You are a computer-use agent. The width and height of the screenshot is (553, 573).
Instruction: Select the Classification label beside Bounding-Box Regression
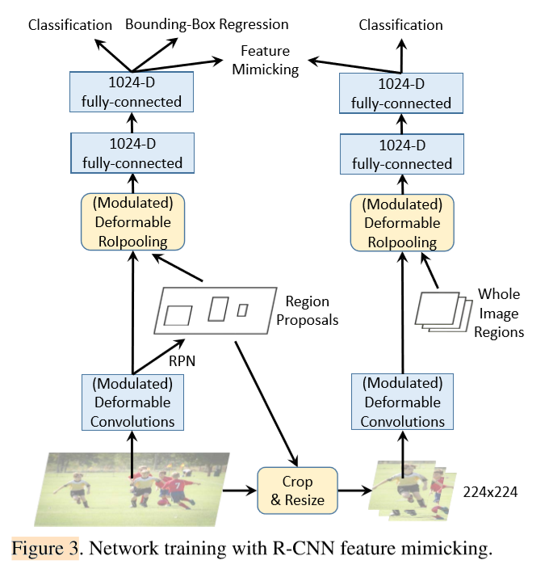[69, 24]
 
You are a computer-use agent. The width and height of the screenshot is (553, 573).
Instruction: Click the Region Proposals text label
[308, 310]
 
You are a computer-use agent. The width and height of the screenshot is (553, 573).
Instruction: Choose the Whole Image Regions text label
[499, 313]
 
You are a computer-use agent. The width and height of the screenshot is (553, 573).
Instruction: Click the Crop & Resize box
[296, 491]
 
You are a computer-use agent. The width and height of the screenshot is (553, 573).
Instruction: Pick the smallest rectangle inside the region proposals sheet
[242, 310]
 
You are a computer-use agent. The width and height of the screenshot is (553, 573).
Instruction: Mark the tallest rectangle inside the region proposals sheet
[218, 308]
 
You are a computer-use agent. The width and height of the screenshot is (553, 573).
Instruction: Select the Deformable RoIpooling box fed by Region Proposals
[132, 221]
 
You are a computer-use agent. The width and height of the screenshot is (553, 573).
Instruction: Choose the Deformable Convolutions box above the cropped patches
[402, 401]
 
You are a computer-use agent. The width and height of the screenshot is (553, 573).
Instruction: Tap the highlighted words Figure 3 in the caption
[44, 550]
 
